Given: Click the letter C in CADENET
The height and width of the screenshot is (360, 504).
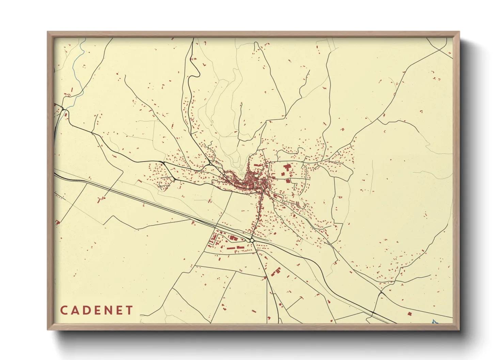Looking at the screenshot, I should coord(64,310).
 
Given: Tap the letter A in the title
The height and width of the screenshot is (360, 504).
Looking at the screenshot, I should coord(76,310).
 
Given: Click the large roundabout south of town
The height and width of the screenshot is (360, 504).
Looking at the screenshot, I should coord(252,240).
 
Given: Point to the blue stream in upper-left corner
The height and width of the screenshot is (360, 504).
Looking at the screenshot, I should coord(80,68).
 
